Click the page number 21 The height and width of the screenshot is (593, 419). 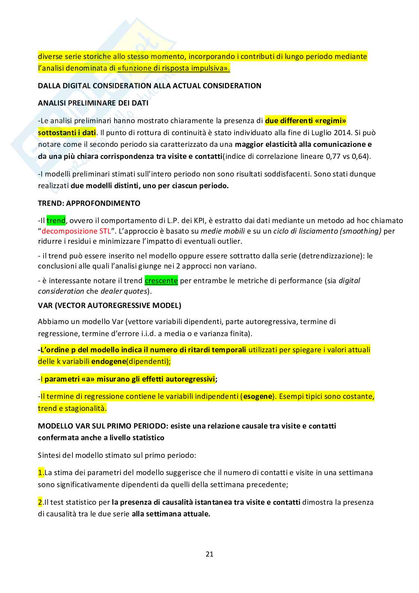[x=209, y=554]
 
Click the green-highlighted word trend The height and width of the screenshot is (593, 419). [x=56, y=220]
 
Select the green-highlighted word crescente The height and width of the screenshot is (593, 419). [x=161, y=281]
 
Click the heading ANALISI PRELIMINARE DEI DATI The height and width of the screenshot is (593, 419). [x=93, y=103]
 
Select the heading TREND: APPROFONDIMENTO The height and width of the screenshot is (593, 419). [x=89, y=203]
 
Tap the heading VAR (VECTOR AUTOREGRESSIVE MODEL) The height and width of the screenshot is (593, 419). [x=110, y=305]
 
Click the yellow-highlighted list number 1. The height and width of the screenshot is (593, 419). [x=41, y=472]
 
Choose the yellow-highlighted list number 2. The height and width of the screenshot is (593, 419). [x=41, y=502]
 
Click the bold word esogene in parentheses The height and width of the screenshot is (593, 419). [x=257, y=396]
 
